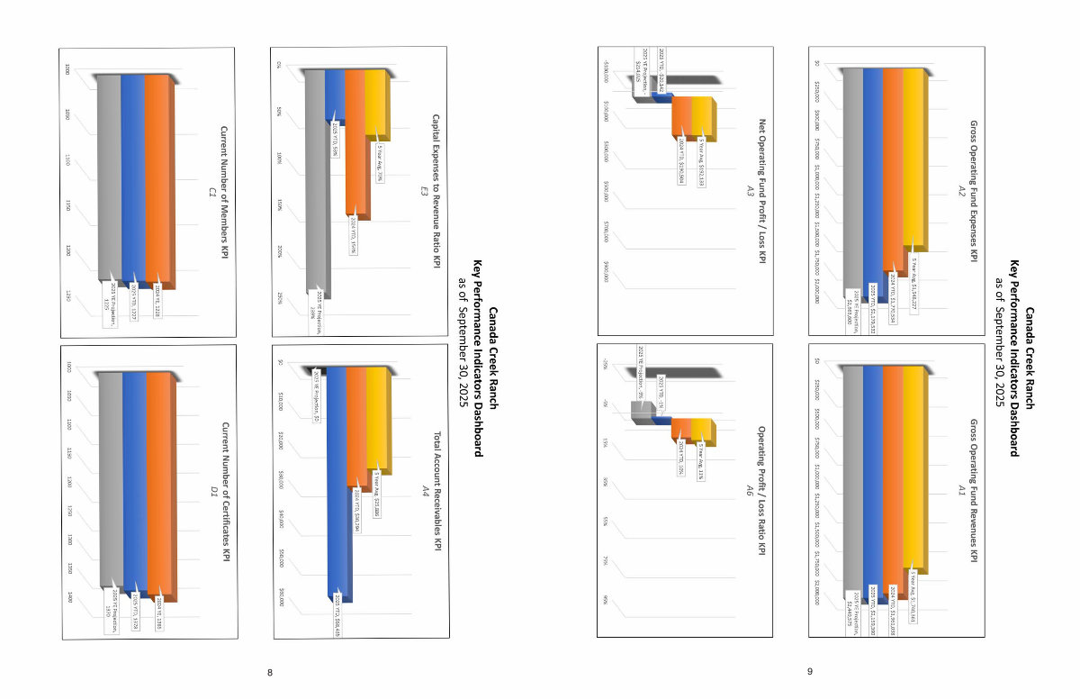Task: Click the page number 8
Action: (270, 672)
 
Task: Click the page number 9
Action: (810, 672)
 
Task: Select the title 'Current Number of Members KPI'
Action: (224, 193)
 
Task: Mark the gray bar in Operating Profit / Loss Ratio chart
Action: (641, 412)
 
